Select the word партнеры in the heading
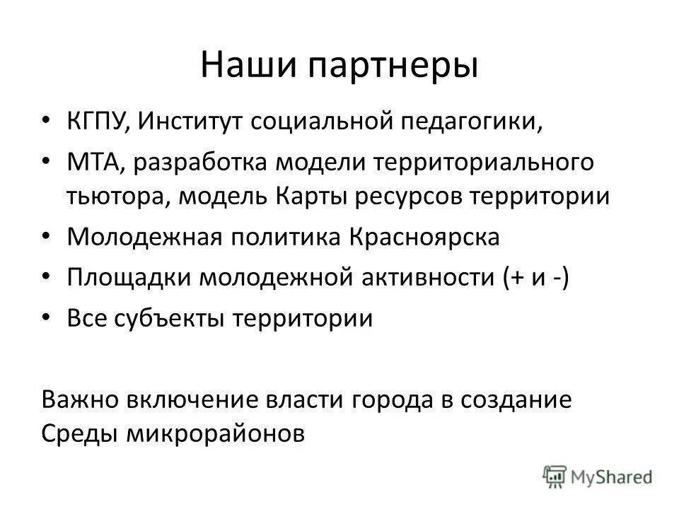coord(381,66)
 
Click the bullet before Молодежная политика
coord(47,237)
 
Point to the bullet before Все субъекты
coord(47,318)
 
